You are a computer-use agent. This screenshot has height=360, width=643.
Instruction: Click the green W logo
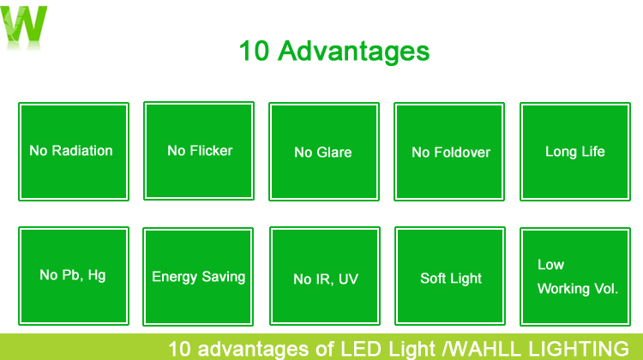coord(24,25)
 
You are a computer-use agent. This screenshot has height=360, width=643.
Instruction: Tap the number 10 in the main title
coord(254,51)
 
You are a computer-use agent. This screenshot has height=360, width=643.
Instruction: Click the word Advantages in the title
coord(353,51)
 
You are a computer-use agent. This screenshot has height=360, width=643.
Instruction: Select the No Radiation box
coord(74,152)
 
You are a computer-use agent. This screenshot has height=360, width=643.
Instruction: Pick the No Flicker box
coord(199,151)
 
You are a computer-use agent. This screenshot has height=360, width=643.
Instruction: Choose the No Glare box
coord(324,152)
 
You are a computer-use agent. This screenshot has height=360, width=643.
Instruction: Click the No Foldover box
coord(449,152)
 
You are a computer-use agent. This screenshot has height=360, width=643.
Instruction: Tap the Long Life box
coord(575,152)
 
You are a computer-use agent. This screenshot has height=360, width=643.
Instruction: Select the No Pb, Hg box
coord(74,276)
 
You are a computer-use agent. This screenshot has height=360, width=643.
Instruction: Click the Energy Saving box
coord(198,277)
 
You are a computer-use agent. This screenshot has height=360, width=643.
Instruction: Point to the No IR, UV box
coord(325,276)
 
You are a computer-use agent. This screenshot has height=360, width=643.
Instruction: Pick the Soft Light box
coord(450,276)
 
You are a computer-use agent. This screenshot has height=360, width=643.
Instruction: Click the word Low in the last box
coord(550,265)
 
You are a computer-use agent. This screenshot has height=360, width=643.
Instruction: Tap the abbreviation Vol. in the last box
coord(606,289)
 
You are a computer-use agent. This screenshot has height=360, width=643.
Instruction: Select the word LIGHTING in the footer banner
coord(579,349)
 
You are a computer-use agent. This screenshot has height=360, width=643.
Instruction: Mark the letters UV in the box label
coord(348,279)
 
